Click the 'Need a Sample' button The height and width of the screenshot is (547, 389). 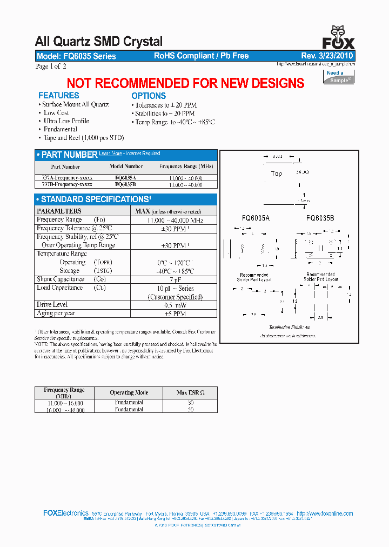[339, 76]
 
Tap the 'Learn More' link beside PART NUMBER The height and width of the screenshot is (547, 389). [110, 154]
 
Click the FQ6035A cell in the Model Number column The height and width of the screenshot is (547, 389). [126, 177]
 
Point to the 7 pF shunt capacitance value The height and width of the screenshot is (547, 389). [175, 279]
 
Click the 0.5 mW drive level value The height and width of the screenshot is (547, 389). [175, 305]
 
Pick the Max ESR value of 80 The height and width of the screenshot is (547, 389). [190, 403]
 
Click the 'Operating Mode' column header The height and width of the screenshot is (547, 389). [129, 392]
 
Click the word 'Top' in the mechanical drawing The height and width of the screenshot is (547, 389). [276, 174]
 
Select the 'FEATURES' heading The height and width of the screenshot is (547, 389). [58, 96]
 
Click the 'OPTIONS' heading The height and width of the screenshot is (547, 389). [149, 96]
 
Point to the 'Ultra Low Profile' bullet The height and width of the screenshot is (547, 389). [66, 121]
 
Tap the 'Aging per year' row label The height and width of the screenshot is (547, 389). [56, 313]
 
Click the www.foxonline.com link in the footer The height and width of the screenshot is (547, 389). [325, 513]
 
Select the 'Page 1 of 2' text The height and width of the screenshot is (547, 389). [51, 66]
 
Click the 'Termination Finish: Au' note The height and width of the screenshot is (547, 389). [289, 328]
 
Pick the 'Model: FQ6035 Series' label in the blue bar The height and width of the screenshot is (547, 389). [76, 56]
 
